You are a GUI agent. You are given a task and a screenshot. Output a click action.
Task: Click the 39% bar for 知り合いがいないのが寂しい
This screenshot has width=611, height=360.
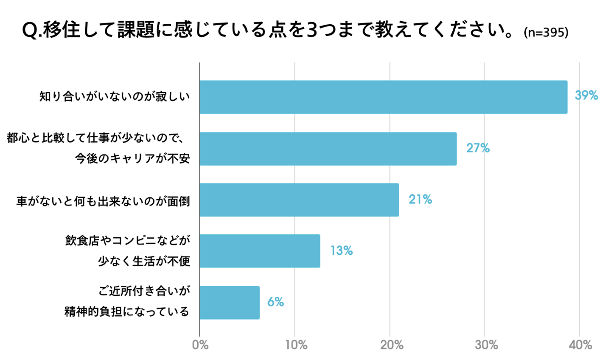(x=383, y=97)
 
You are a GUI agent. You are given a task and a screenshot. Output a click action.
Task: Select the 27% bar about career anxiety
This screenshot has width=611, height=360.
(x=328, y=149)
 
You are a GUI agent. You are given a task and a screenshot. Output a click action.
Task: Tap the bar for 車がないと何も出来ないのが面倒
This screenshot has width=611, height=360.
(x=299, y=200)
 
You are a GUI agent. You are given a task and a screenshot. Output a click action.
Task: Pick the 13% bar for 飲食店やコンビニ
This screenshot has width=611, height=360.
(x=260, y=251)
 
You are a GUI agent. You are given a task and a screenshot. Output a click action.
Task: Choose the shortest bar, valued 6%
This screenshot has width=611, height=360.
(x=230, y=302)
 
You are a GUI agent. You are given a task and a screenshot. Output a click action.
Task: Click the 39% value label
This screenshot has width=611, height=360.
(x=586, y=96)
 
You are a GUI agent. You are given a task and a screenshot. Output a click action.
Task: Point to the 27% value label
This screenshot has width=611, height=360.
(x=478, y=148)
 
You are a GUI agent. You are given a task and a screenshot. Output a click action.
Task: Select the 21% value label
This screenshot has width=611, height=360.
(x=420, y=200)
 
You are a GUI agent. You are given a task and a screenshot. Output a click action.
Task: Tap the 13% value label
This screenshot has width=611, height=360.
(x=342, y=251)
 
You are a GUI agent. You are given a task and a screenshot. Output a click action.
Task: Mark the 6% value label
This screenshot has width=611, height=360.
(x=275, y=302)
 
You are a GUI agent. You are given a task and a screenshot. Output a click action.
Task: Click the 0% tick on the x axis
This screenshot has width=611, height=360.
(x=200, y=345)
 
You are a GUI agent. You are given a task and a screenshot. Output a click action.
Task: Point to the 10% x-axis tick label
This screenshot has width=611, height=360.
(x=296, y=345)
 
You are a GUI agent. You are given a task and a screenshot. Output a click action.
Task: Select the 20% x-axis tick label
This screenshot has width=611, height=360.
(x=391, y=345)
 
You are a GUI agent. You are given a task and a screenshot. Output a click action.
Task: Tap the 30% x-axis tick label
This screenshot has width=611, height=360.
(x=486, y=345)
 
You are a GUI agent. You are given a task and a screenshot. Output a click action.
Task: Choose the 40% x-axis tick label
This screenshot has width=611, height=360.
(x=580, y=345)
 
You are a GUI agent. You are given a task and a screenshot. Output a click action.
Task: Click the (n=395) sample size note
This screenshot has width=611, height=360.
(x=546, y=33)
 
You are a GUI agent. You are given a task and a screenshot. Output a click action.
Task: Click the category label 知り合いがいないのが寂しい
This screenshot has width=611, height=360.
(x=115, y=97)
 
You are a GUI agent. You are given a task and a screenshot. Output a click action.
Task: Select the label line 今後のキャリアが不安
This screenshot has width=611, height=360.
(x=132, y=159)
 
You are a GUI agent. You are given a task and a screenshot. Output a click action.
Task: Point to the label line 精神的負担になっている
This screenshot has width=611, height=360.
(x=127, y=312)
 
